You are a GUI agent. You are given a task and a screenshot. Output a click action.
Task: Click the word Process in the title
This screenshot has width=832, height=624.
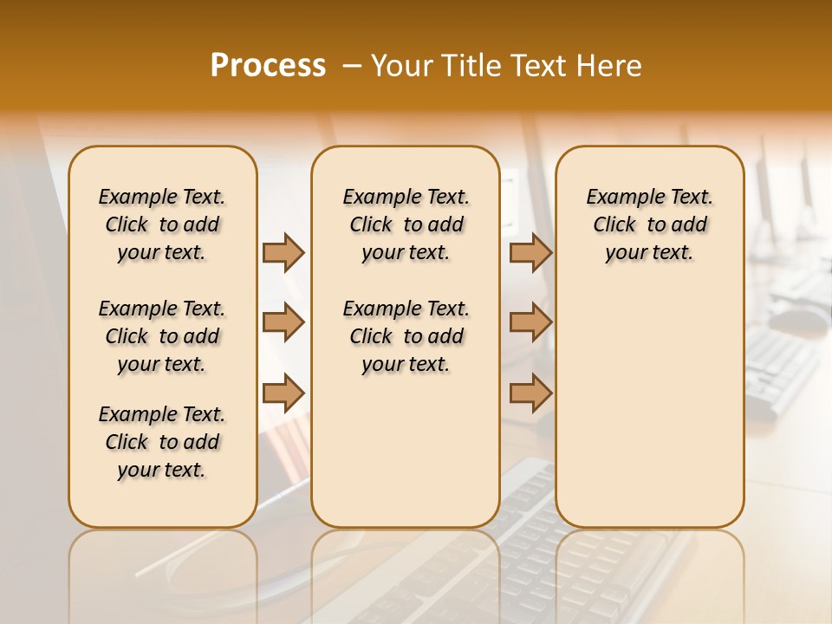(268, 66)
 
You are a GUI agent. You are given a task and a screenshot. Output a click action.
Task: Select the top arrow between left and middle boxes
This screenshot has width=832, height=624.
(283, 252)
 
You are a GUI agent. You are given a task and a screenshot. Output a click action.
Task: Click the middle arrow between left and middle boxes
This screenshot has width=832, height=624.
(283, 322)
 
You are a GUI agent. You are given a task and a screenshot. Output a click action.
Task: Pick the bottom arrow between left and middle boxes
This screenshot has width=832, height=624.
(283, 393)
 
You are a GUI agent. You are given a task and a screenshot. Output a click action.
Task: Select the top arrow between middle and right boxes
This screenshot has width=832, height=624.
(530, 252)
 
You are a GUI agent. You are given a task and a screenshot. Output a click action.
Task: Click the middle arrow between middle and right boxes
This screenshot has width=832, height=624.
(530, 322)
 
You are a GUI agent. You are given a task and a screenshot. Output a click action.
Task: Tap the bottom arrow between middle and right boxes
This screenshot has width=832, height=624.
(530, 393)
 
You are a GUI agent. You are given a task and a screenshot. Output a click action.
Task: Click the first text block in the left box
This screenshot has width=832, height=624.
(162, 224)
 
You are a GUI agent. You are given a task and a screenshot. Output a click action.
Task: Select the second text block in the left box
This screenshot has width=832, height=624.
(162, 336)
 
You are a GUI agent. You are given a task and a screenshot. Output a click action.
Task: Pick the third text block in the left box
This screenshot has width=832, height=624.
(162, 442)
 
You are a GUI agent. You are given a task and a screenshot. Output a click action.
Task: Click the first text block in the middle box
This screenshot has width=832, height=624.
(406, 224)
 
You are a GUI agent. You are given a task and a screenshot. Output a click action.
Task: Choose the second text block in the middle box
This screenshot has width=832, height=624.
(406, 336)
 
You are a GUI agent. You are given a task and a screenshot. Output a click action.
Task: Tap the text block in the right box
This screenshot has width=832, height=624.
(650, 224)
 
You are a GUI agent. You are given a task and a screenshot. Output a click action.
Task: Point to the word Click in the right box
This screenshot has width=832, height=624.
(614, 225)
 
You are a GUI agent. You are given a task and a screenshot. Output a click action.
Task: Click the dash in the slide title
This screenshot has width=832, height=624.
(352, 66)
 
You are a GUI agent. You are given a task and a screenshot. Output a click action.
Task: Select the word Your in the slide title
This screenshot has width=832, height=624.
(400, 66)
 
